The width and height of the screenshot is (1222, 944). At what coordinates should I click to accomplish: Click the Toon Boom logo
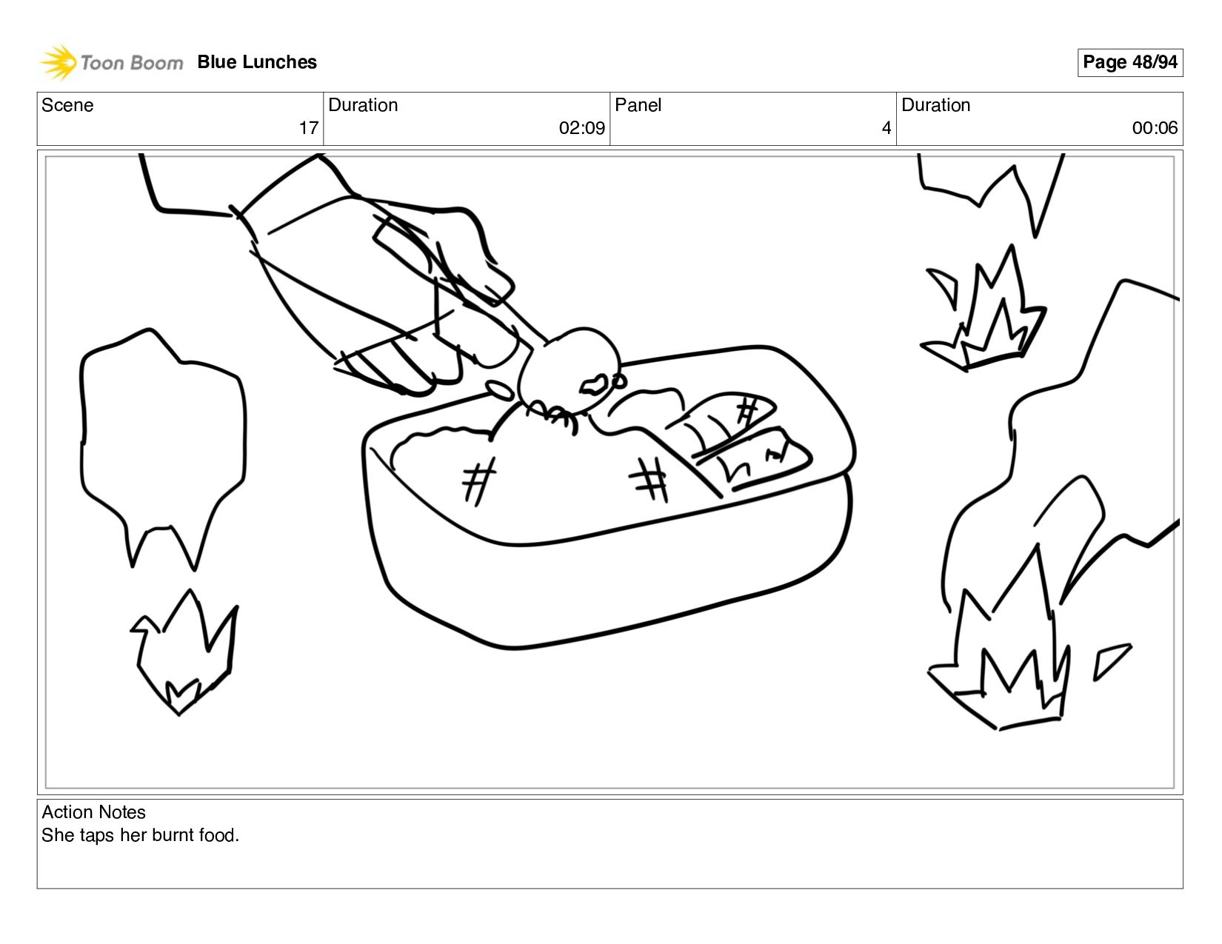(111, 62)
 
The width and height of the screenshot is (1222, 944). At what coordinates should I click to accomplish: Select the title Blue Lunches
(257, 62)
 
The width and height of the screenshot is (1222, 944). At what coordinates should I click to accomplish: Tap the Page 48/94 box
(1129, 62)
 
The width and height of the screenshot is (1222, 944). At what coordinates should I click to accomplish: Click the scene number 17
(308, 128)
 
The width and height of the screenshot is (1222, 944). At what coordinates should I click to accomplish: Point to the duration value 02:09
(581, 128)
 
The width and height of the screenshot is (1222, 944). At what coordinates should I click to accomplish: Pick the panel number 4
(886, 128)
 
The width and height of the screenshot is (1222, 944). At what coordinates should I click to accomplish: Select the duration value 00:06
(1154, 128)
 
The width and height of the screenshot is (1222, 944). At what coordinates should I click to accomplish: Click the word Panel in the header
(638, 105)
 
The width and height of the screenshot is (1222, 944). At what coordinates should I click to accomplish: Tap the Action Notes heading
(93, 812)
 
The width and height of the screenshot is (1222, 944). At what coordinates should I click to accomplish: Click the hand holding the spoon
(385, 289)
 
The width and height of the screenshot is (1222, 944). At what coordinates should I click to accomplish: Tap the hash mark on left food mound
(479, 480)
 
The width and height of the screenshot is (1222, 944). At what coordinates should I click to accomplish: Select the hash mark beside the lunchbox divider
(650, 478)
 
